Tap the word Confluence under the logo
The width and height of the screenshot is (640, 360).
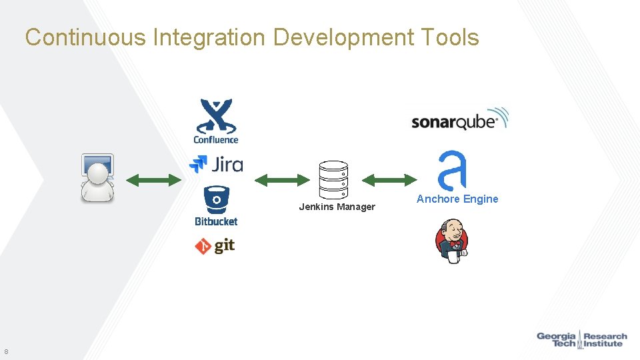coord(215,139)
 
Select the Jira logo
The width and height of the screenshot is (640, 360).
coord(216,163)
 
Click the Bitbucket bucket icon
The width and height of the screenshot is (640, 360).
coord(216,199)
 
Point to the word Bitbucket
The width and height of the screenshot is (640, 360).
coord(216,221)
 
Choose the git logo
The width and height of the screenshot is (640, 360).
coord(215,246)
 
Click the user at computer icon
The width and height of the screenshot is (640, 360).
coord(97,177)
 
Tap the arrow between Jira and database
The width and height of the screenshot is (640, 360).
coord(283,179)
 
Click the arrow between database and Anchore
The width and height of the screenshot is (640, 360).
coord(389,179)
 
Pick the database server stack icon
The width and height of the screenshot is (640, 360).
coord(333,179)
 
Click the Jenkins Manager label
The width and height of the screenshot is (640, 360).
coord(337,207)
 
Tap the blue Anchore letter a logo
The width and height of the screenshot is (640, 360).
coord(452,171)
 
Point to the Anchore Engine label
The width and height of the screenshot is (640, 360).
coord(457,199)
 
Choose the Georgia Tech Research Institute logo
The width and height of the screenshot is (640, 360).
coord(582,339)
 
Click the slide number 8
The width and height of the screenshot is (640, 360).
coord(6,351)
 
